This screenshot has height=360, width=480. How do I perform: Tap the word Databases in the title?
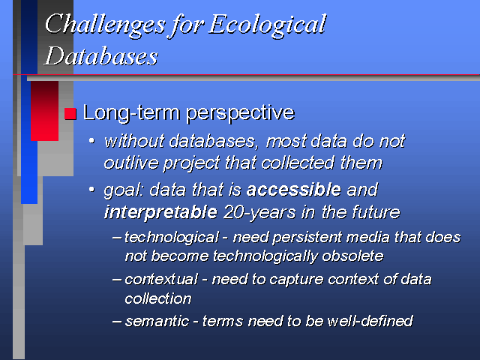click(101, 55)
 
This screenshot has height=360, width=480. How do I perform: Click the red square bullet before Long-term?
click(70, 114)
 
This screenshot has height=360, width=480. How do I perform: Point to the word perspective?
click(241, 114)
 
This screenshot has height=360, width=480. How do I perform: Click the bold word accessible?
click(294, 190)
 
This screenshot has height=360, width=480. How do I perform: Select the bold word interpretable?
click(160, 211)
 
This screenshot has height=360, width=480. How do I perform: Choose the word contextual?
click(161, 280)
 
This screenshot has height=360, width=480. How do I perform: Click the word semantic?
click(157, 322)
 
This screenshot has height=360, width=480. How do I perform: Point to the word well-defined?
click(370, 321)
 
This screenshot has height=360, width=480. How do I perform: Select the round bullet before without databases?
click(91, 141)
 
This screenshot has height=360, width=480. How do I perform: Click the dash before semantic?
click(117, 322)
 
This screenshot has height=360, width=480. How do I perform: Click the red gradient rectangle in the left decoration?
click(45, 111)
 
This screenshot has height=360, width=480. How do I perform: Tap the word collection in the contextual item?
click(158, 298)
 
